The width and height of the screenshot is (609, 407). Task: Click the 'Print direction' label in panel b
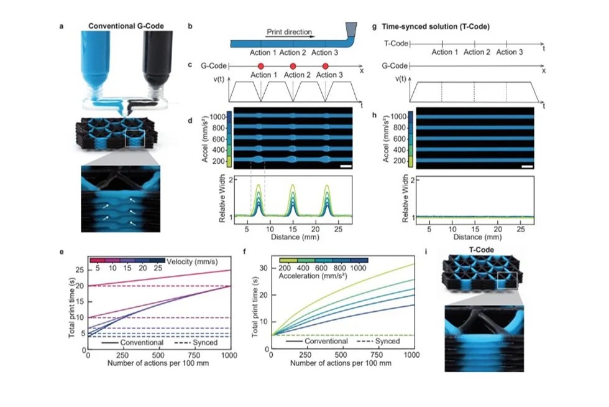pos(289,31)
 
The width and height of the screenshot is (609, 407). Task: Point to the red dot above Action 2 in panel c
pos(293,66)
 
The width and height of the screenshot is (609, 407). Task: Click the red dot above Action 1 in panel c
pos(261,66)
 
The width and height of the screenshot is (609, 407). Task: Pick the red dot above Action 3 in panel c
pos(326,66)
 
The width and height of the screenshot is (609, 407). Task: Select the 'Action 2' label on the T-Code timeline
pos(477,52)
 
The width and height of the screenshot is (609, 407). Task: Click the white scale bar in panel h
pos(528,167)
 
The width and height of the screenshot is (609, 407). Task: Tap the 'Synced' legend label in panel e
pos(206,342)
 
